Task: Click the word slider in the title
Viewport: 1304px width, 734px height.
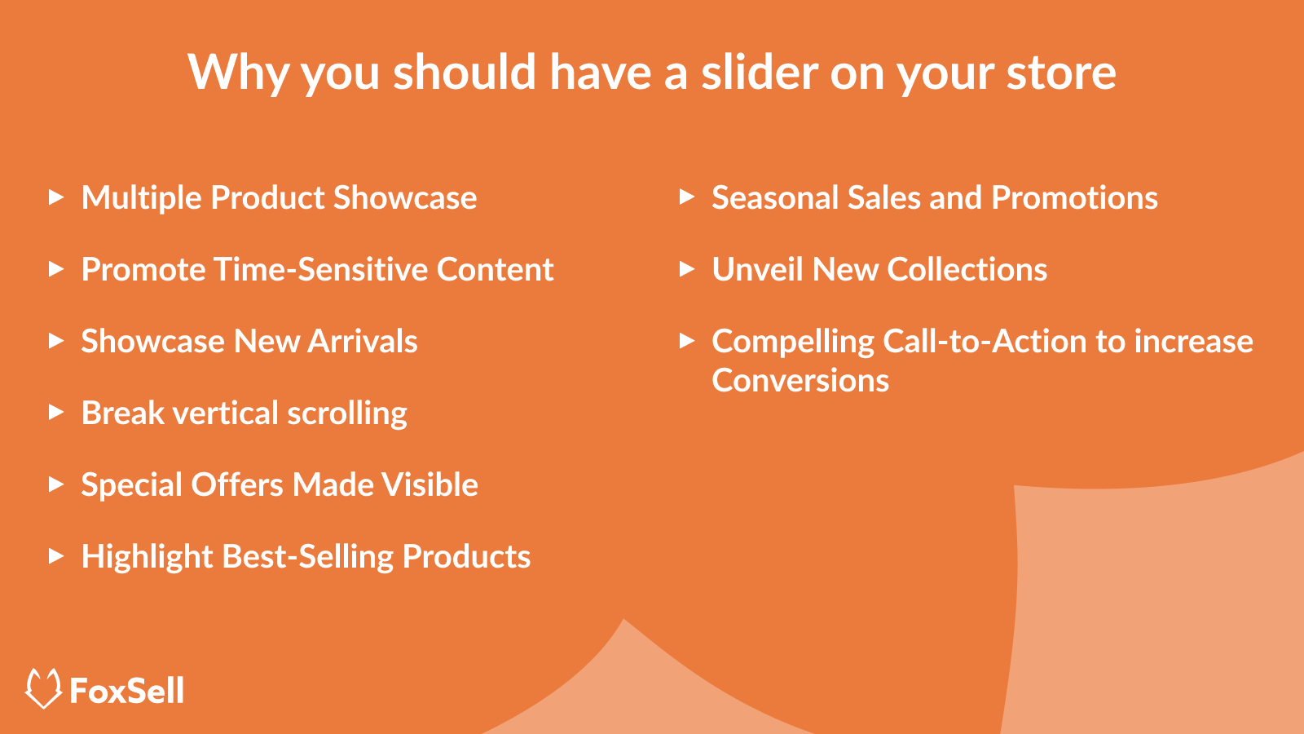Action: click(x=760, y=72)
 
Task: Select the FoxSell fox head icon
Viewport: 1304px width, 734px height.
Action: click(x=44, y=688)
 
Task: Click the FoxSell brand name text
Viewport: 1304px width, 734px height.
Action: click(x=127, y=690)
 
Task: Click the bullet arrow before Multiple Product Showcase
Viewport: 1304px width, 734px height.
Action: click(x=56, y=197)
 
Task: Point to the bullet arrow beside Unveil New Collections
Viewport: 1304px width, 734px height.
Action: click(x=687, y=268)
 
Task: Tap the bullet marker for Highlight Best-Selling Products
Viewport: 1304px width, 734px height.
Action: click(x=56, y=555)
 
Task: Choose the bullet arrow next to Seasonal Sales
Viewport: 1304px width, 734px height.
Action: click(x=687, y=197)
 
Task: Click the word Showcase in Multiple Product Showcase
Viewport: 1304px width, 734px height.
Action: click(x=405, y=197)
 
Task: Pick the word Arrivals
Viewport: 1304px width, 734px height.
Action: click(x=362, y=341)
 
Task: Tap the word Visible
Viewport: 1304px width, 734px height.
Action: click(x=430, y=484)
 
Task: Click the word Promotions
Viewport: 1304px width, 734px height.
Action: click(x=1075, y=197)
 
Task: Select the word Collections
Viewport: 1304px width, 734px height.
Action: click(x=967, y=269)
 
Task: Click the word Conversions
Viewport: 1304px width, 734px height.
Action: click(x=800, y=380)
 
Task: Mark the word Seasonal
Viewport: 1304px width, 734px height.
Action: click(x=775, y=197)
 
